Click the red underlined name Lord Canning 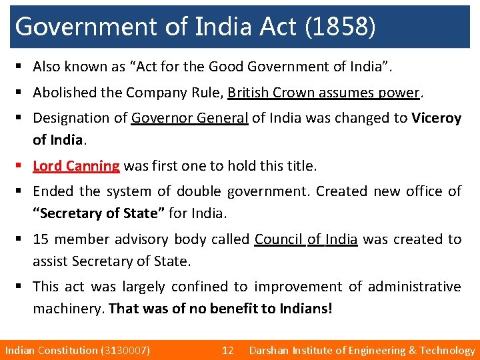pos(76,165)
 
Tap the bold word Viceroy pos(436,118)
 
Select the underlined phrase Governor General pos(190,118)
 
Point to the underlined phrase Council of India pos(306,239)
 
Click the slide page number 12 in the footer pos(227,350)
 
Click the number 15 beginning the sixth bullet pos(40,239)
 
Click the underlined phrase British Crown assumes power pos(324,93)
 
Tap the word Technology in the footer pos(447,350)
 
